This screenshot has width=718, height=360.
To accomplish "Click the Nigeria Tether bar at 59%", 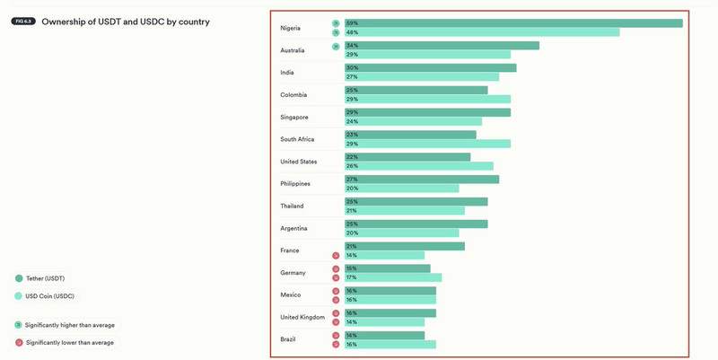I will [513, 23].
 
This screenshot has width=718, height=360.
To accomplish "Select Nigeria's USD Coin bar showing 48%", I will [482, 32].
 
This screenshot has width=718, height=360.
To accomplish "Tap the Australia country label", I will [293, 50].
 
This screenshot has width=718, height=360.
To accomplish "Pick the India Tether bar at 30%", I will [431, 68].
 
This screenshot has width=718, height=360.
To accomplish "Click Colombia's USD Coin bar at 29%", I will [427, 99].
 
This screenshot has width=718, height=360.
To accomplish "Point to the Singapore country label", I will [294, 117].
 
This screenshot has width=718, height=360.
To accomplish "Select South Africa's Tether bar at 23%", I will [410, 135].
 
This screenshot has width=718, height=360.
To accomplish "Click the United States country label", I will [298, 162].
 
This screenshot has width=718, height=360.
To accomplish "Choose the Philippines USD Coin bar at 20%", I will [402, 189].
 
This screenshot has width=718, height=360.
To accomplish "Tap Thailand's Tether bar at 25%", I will [416, 202].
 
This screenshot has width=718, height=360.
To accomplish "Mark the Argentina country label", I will [294, 228].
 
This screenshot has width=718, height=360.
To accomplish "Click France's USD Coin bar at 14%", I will [385, 255].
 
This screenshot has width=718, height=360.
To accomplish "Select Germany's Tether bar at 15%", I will [388, 268].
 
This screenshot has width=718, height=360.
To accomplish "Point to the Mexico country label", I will [291, 294].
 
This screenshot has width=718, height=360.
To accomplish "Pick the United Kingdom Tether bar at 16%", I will [390, 313].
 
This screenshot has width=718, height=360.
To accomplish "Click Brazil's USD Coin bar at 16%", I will [390, 344].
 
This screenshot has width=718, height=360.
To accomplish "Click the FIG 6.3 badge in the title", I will [23, 22].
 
